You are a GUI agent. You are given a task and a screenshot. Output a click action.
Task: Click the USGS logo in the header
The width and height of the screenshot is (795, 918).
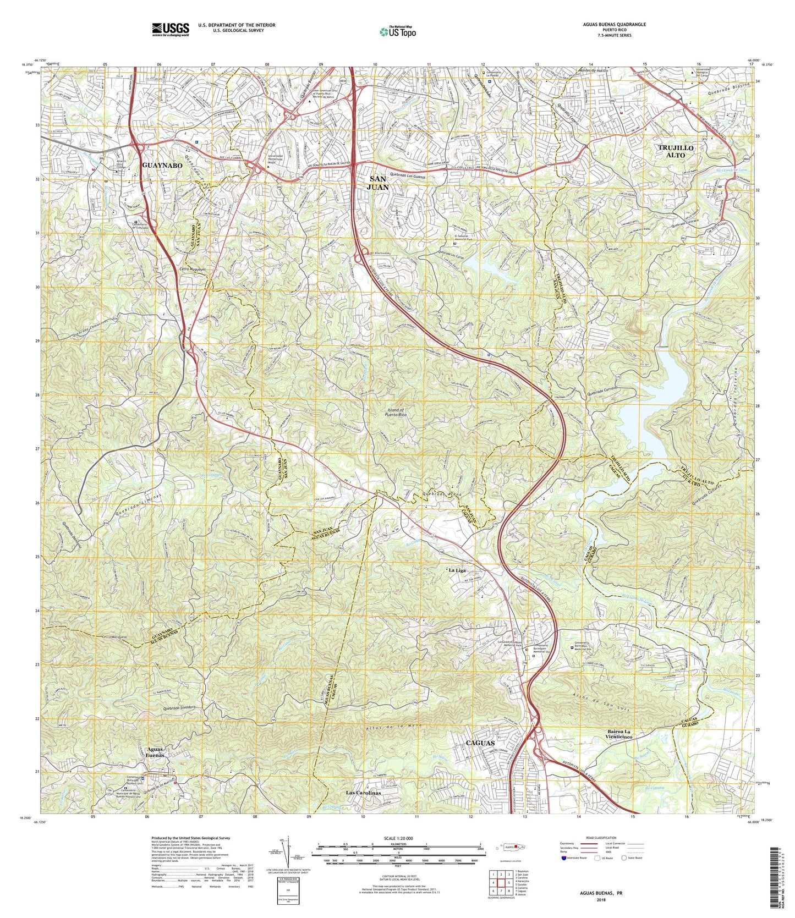pyautogui.click(x=171, y=29)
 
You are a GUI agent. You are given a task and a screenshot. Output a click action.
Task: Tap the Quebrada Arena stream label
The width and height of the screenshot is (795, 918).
pyautogui.click(x=441, y=494)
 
